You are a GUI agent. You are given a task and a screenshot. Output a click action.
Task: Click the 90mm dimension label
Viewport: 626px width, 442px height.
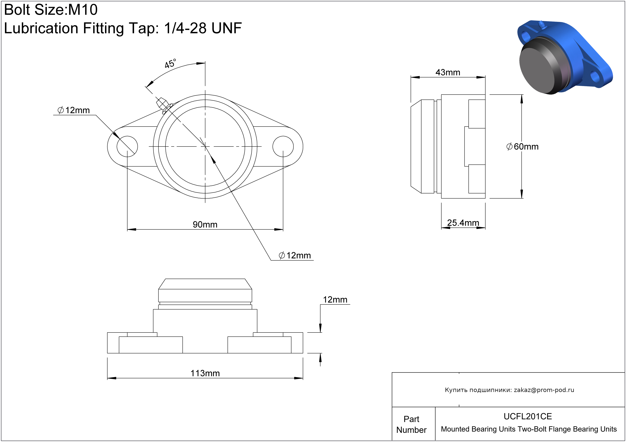(x=205, y=224)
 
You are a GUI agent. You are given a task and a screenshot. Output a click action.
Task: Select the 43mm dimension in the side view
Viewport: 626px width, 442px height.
(x=448, y=73)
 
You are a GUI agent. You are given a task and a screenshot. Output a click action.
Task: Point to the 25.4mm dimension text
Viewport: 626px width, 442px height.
(x=463, y=223)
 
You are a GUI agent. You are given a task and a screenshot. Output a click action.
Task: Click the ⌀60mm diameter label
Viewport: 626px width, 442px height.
(x=522, y=147)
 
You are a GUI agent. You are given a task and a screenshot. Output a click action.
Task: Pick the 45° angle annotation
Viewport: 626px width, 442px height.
(x=170, y=64)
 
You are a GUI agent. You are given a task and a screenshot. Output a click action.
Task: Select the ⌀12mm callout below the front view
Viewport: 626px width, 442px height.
(x=295, y=255)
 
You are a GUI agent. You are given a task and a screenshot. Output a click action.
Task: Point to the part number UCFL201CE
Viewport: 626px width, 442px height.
(x=528, y=416)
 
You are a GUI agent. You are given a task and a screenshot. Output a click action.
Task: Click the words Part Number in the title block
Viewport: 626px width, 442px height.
(x=411, y=424)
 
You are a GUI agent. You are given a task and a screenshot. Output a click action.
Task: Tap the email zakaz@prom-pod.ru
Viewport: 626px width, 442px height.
(x=544, y=390)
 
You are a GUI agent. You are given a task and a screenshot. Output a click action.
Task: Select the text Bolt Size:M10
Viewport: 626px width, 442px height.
(x=51, y=10)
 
